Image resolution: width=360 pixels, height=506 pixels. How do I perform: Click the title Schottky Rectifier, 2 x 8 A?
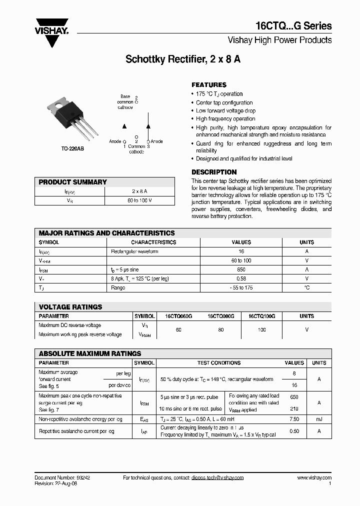183,59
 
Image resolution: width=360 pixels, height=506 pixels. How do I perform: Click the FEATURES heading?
209,85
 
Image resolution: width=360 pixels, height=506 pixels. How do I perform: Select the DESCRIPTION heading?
214,172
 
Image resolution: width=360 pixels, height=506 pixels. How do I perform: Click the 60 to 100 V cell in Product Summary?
139,200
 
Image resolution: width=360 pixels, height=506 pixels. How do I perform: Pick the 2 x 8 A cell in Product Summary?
139,191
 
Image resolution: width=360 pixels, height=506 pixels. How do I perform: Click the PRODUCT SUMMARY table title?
72,182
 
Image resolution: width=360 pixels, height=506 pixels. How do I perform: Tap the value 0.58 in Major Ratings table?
241,278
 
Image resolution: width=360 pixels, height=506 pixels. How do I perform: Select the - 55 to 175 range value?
241,287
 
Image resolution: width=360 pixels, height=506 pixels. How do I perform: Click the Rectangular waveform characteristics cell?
134,251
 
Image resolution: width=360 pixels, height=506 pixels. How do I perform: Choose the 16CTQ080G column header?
221,316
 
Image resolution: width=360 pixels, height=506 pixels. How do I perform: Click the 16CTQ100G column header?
261,316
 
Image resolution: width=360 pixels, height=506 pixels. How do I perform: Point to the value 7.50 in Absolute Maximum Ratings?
294,419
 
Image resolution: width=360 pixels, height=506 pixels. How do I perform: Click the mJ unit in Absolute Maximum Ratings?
319,419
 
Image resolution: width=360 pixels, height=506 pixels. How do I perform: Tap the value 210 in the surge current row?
294,408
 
